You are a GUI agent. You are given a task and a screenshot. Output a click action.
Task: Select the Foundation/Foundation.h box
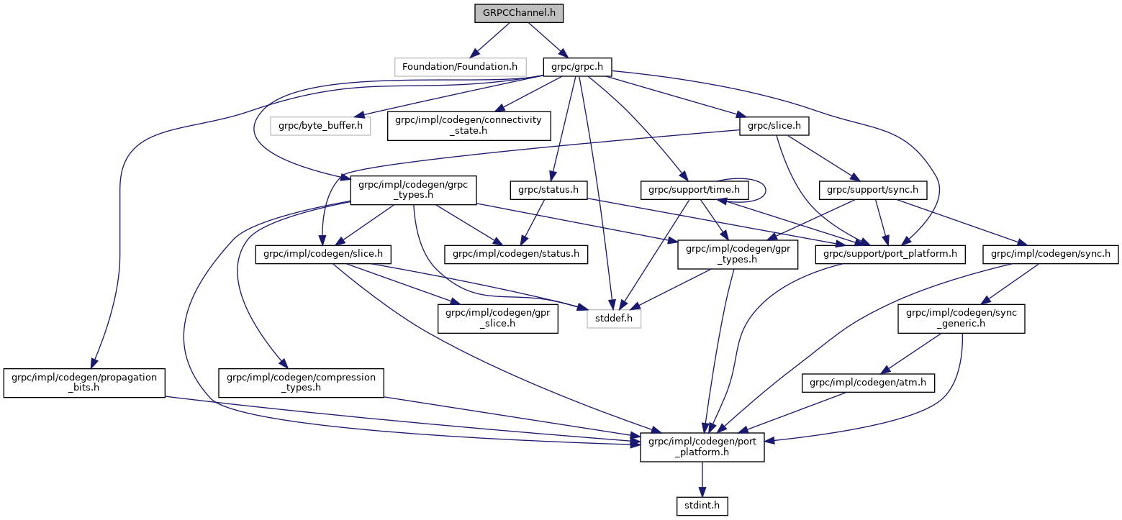click(459, 67)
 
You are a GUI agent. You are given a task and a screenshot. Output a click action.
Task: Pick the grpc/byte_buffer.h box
click(320, 126)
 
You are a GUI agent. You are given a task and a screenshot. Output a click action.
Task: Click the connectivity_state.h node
click(469, 126)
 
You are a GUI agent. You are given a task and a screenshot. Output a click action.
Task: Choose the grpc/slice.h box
click(774, 126)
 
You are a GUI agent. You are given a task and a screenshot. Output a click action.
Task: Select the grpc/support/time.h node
click(695, 190)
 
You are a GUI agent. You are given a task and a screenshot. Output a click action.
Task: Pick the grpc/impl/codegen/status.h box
click(516, 254)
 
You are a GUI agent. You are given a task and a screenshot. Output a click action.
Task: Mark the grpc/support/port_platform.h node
click(890, 254)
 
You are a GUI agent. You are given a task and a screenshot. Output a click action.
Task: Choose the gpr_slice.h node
click(498, 318)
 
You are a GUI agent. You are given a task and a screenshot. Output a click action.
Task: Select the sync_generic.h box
click(961, 318)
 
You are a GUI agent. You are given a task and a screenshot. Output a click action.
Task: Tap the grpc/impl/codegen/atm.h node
click(868, 384)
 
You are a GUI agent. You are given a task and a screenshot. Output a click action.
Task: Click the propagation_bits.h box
click(84, 383)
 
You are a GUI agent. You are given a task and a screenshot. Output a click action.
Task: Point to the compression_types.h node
click(302, 383)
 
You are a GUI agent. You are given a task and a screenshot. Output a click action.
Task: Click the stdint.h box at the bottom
click(702, 506)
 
